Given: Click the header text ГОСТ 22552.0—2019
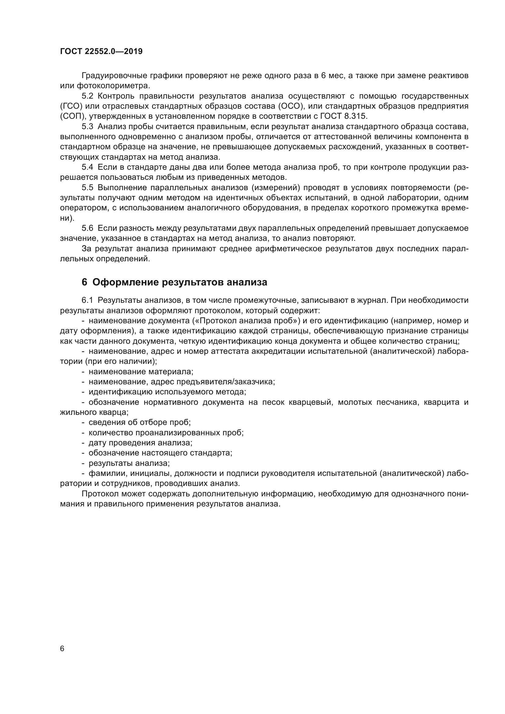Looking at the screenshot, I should point(101,52).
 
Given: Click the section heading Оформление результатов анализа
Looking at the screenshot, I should point(180,282).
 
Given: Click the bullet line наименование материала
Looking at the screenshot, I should point(141,371).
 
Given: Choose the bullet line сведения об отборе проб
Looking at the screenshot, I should point(140,422).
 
